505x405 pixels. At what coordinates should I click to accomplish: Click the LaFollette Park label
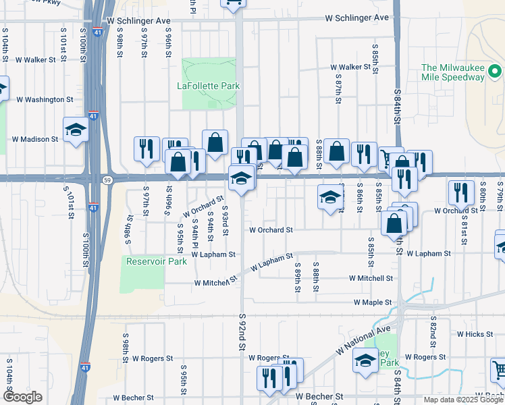pyautogui.click(x=209, y=86)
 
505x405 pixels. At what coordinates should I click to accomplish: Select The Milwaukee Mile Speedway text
pyautogui.click(x=453, y=72)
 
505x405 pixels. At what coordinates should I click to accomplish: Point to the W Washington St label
pyautogui.click(x=45, y=99)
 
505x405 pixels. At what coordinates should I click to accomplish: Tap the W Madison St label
pyautogui.click(x=35, y=139)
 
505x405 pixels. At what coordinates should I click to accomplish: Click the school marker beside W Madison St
pyautogui.click(x=76, y=130)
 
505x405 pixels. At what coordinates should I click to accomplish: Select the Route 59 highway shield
pyautogui.click(x=107, y=180)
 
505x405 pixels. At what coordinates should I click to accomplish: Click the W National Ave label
pyautogui.click(x=365, y=340)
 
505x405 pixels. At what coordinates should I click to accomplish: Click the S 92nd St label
pyautogui.click(x=242, y=331)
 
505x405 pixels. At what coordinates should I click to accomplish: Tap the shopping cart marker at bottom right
pyautogui.click(x=498, y=371)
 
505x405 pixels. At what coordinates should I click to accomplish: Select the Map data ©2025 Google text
pyautogui.click(x=463, y=400)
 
